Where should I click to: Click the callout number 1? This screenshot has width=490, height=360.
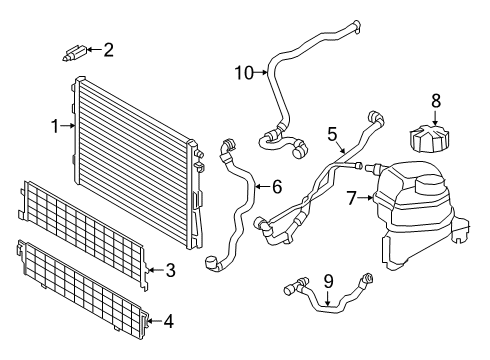coord(56,126)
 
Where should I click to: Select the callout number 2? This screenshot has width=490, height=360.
coord(109,48)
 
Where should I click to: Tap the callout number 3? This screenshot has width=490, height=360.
coord(170,270)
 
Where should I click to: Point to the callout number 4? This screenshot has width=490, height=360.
coord(168,321)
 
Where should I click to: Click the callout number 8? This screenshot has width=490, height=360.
coord(435,100)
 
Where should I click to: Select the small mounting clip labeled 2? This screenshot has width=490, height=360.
coord(74,50)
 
